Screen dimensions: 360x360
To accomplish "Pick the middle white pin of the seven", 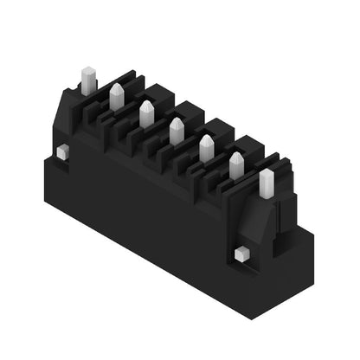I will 177,132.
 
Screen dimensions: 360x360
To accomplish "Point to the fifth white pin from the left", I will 207,149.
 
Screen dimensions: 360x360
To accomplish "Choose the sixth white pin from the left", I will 236,165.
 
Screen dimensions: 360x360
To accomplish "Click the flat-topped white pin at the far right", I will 267,183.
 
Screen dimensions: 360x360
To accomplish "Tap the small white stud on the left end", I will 62,152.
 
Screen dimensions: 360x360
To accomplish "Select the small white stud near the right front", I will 241,254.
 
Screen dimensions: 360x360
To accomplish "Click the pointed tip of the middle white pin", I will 177,121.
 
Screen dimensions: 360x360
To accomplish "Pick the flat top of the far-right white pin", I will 267,172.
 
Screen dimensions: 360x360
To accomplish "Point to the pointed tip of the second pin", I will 116,87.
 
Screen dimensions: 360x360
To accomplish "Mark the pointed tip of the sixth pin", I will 236,155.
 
